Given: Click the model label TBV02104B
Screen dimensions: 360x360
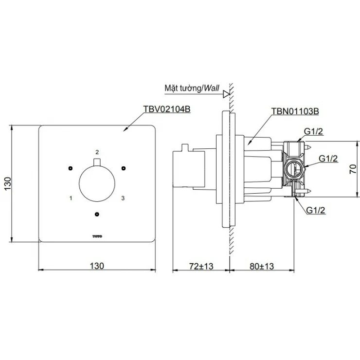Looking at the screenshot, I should coord(166,110).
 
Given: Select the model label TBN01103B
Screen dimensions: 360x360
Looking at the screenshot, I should coord(294,111).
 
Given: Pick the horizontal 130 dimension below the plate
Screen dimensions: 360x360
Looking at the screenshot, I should coord(97,266).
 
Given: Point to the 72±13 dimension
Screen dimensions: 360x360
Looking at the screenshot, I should coord(200,266).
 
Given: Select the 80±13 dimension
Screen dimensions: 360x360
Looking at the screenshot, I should coord(261,266).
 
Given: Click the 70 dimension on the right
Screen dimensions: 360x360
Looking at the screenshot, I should coord(354,169).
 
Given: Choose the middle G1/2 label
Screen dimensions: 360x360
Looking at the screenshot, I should coord(329,159).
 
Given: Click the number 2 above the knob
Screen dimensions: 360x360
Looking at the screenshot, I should coord(97,152).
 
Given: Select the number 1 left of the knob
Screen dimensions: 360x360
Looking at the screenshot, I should coord(71,198).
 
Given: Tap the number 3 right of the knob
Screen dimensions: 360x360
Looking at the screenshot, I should coord(123,198).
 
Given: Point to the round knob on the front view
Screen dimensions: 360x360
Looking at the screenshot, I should coord(97,183).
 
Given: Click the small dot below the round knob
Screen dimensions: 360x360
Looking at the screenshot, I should coord(97,214).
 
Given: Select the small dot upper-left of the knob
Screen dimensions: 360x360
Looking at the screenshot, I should coord(71,168).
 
